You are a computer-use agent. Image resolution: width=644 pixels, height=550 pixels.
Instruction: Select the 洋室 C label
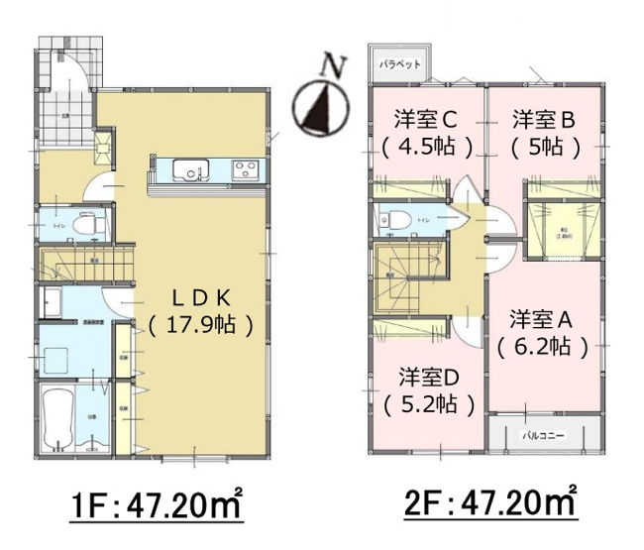pyautogui.click(x=424, y=121)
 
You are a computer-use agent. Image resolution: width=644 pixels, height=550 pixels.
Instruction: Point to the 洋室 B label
pyautogui.click(x=544, y=121)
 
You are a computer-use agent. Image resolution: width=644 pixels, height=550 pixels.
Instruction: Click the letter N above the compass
pyautogui.click(x=336, y=66)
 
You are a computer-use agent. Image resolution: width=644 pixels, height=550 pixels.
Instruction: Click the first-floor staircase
pyautogui.click(x=84, y=266)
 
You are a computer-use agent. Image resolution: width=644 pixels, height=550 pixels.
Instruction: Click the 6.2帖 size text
pyautogui.click(x=542, y=347)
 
